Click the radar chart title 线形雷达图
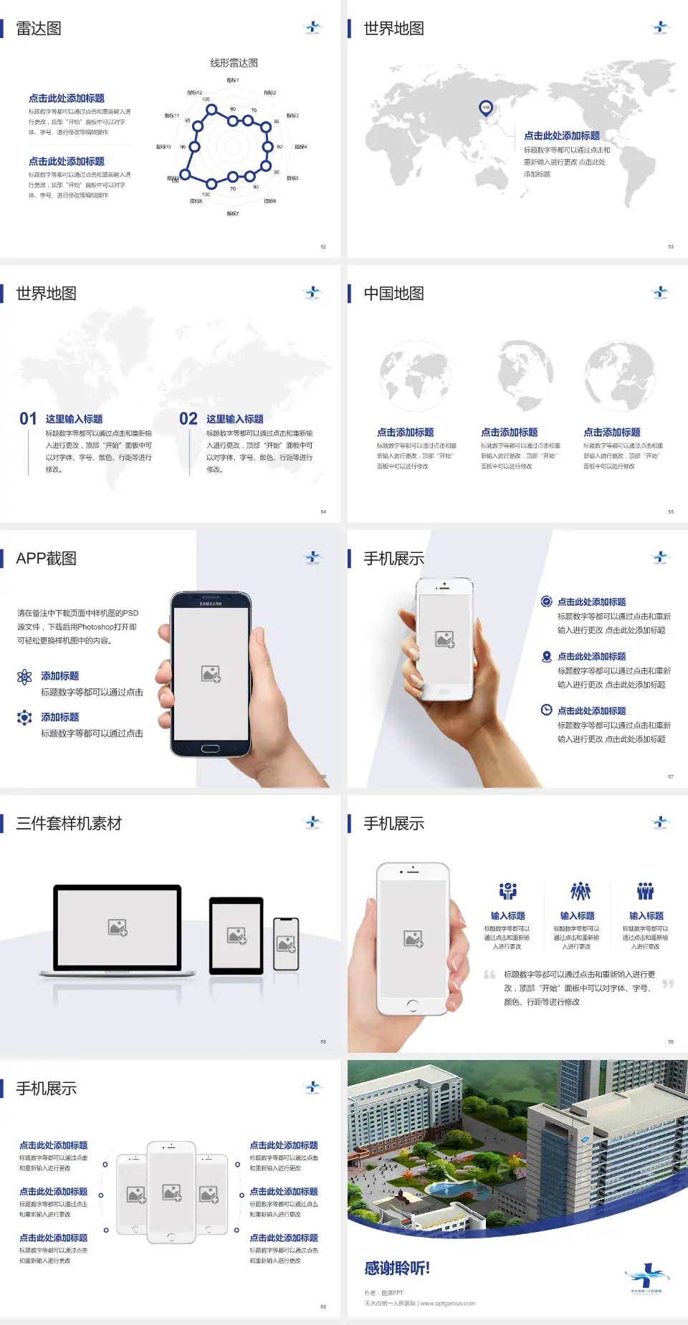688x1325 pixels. click(x=234, y=63)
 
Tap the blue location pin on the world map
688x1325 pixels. click(x=485, y=108)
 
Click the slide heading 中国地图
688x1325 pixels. click(x=393, y=294)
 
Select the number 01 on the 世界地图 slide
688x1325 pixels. click(x=28, y=419)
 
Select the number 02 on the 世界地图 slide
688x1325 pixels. click(x=188, y=419)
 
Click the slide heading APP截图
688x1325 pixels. click(x=46, y=559)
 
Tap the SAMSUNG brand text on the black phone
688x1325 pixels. click(x=211, y=604)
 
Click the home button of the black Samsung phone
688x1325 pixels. click(x=210, y=748)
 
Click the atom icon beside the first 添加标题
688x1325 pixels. click(x=24, y=677)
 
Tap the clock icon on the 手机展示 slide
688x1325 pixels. click(x=546, y=710)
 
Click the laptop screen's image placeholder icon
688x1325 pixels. click(x=118, y=927)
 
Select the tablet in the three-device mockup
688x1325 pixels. click(x=236, y=935)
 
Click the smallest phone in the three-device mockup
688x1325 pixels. click(x=286, y=944)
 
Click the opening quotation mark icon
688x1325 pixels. click(x=489, y=975)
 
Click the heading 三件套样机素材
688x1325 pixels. click(x=69, y=824)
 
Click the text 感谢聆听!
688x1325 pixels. click(x=397, y=1268)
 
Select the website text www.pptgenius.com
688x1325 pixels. click(x=448, y=1304)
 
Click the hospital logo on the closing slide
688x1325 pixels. click(x=646, y=1278)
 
